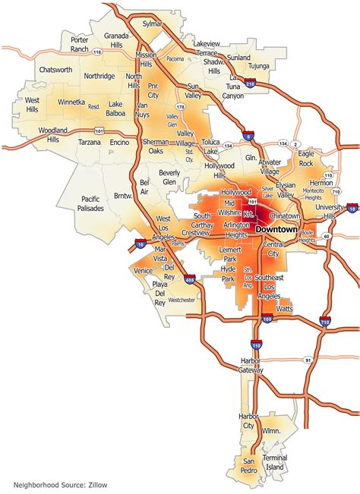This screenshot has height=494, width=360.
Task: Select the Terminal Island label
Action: (x=275, y=464)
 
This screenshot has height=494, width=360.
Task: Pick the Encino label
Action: (x=118, y=142)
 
